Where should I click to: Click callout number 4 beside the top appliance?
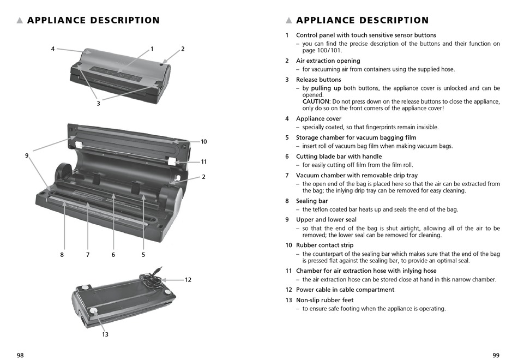point(53,49)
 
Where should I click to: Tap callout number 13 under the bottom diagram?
point(105,334)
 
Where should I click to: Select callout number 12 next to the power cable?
point(188,280)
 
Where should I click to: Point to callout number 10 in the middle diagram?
point(203,142)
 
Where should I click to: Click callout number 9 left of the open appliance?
point(26,155)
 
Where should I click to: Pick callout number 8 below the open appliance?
point(62,254)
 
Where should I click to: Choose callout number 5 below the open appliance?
point(143,254)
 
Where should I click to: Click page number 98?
point(20,355)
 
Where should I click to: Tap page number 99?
point(496,355)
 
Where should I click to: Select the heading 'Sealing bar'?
point(312,201)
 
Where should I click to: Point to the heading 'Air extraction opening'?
point(328,61)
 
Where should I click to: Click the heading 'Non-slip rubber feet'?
point(324,300)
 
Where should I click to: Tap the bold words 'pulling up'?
point(326,88)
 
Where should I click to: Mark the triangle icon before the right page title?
point(289,21)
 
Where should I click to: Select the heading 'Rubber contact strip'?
point(324,245)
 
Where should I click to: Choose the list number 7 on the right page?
point(287,175)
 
